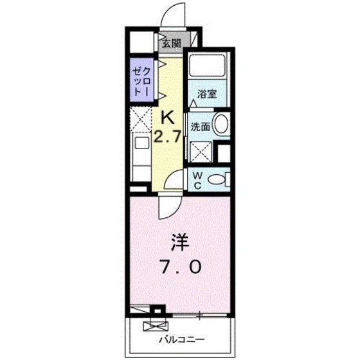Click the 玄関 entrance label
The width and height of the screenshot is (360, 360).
170,44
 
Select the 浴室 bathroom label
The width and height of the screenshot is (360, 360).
206,93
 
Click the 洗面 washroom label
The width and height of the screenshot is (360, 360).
201,127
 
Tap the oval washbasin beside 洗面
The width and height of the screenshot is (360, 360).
221,125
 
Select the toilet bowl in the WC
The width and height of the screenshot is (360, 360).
219,179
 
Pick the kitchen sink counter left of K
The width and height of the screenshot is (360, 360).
140,157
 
